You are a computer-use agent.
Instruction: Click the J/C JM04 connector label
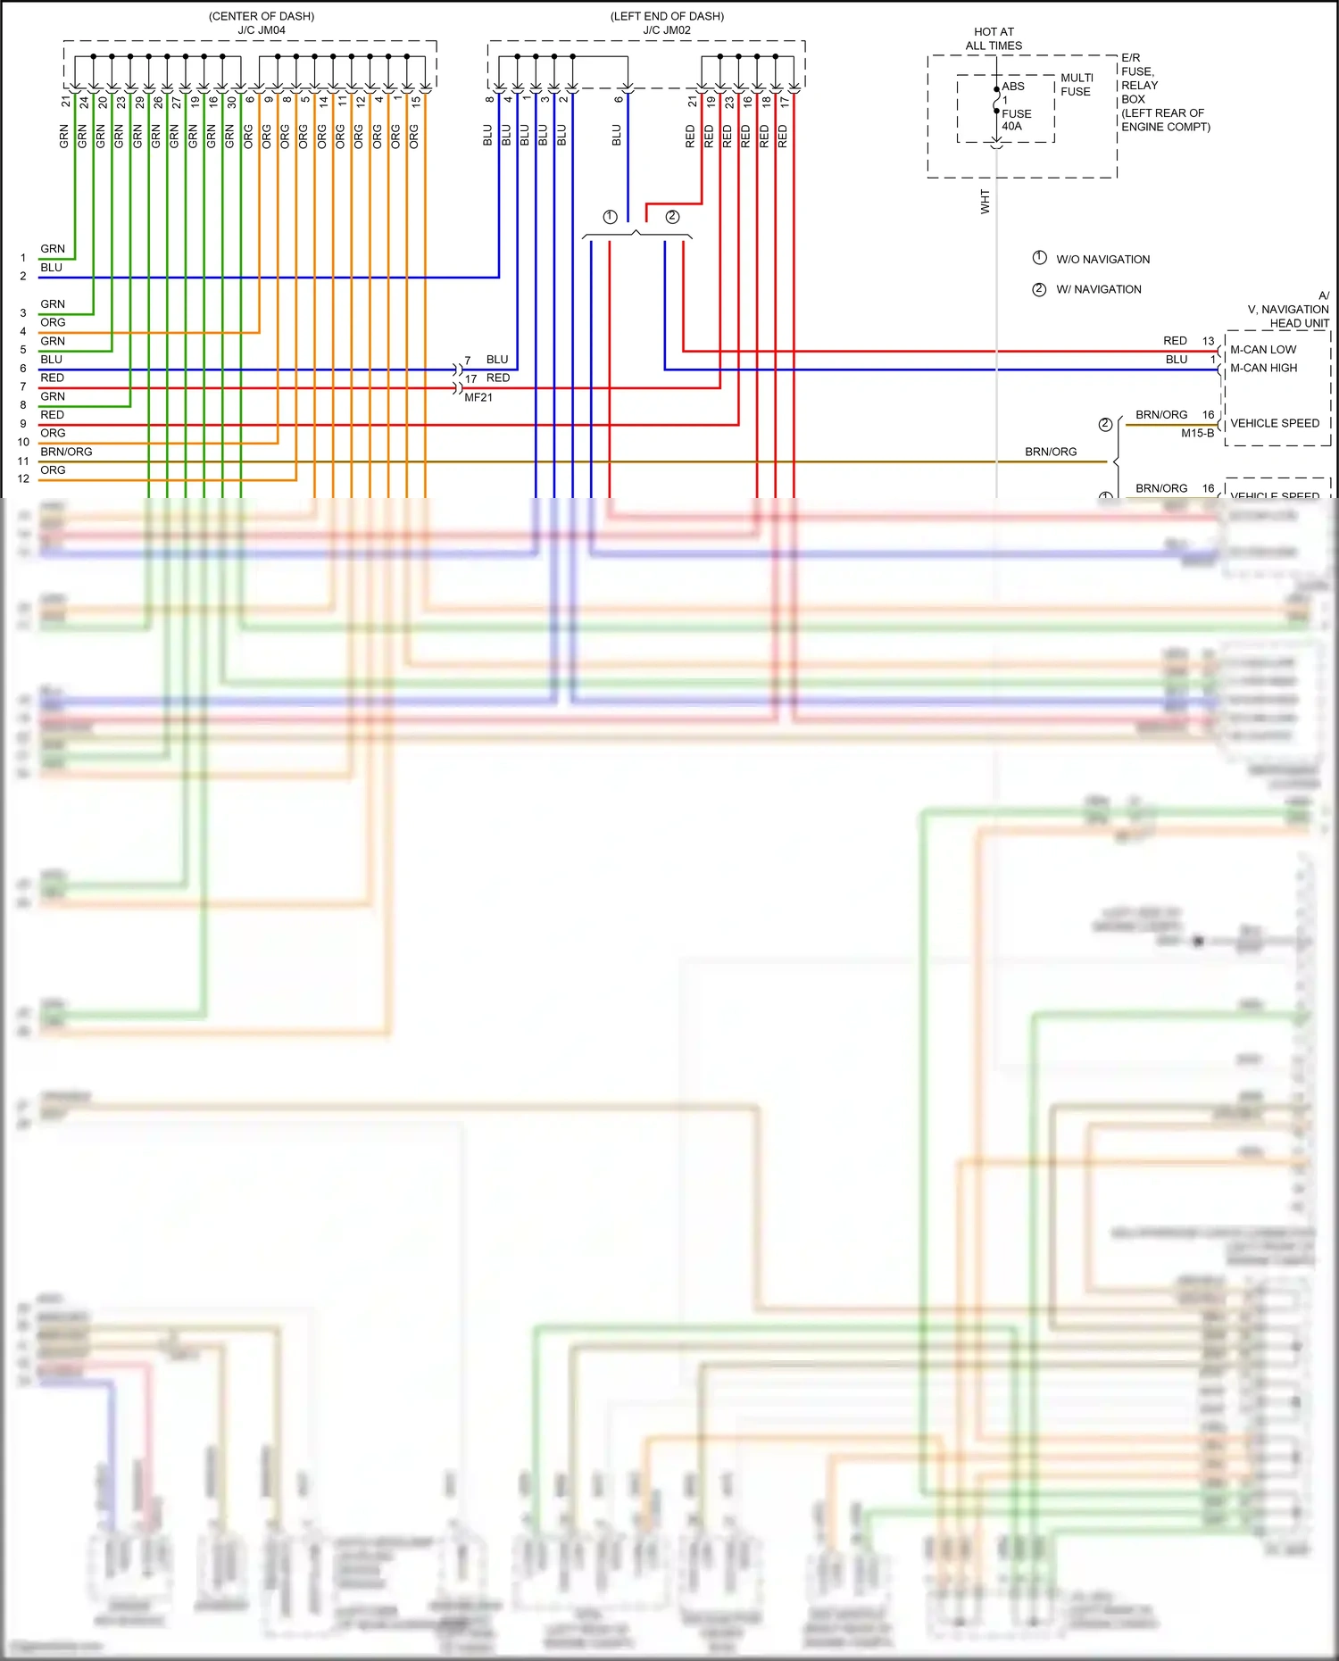262,30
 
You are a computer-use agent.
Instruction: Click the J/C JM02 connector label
667,30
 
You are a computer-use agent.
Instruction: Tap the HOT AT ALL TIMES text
994,38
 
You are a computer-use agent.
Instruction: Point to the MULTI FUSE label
1077,85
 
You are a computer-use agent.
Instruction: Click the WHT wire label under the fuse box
986,201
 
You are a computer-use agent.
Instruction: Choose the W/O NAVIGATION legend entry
1102,260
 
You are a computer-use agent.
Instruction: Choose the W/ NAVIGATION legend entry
1098,289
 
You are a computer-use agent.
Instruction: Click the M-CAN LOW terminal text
1263,350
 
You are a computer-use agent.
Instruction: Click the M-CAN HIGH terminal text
1264,368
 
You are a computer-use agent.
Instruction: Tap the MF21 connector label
478,397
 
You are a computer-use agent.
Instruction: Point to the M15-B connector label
1197,433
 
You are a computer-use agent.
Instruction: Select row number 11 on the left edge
23,461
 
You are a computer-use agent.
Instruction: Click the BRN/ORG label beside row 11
66,452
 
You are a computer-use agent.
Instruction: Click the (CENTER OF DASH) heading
262,16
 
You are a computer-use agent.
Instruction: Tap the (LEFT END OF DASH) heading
667,16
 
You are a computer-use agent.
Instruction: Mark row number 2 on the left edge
23,277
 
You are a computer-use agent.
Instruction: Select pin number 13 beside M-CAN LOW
1208,341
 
